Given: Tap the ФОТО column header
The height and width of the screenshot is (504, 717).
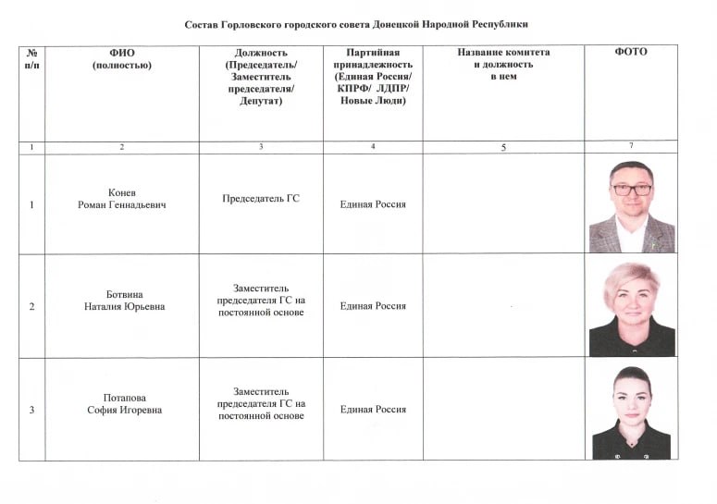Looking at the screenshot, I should [630, 52].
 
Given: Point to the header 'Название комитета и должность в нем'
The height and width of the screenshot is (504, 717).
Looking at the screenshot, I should [502, 64].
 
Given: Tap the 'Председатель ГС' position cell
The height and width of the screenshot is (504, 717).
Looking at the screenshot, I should [261, 199].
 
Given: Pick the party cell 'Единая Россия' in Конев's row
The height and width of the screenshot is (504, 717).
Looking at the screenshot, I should [372, 204].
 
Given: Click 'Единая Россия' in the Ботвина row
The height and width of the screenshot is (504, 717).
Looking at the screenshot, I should [372, 306].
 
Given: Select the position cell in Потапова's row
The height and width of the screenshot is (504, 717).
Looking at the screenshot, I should [261, 404].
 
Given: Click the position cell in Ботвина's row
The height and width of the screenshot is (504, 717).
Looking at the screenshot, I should [261, 301].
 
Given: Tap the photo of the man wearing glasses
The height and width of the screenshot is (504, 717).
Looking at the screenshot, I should [631, 206].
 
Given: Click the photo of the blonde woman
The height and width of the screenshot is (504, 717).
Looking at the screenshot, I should [631, 309].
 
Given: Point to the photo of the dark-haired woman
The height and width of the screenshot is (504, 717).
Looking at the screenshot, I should [631, 412].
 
